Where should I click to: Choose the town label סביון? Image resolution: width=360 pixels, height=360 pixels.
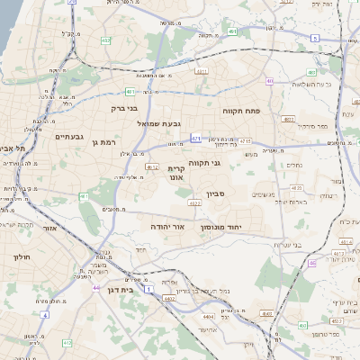(x=239, y=193)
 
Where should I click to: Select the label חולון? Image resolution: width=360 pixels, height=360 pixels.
(x=20, y=256)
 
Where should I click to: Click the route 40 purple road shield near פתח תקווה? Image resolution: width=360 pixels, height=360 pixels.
(x=269, y=81)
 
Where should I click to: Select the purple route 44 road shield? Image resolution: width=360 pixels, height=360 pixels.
(x=96, y=287)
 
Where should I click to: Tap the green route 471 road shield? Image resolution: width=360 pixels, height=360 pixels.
(x=196, y=139)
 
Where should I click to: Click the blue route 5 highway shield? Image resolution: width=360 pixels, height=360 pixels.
(x=315, y=38)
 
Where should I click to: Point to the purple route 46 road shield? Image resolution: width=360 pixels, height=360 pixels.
(x=311, y=263)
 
